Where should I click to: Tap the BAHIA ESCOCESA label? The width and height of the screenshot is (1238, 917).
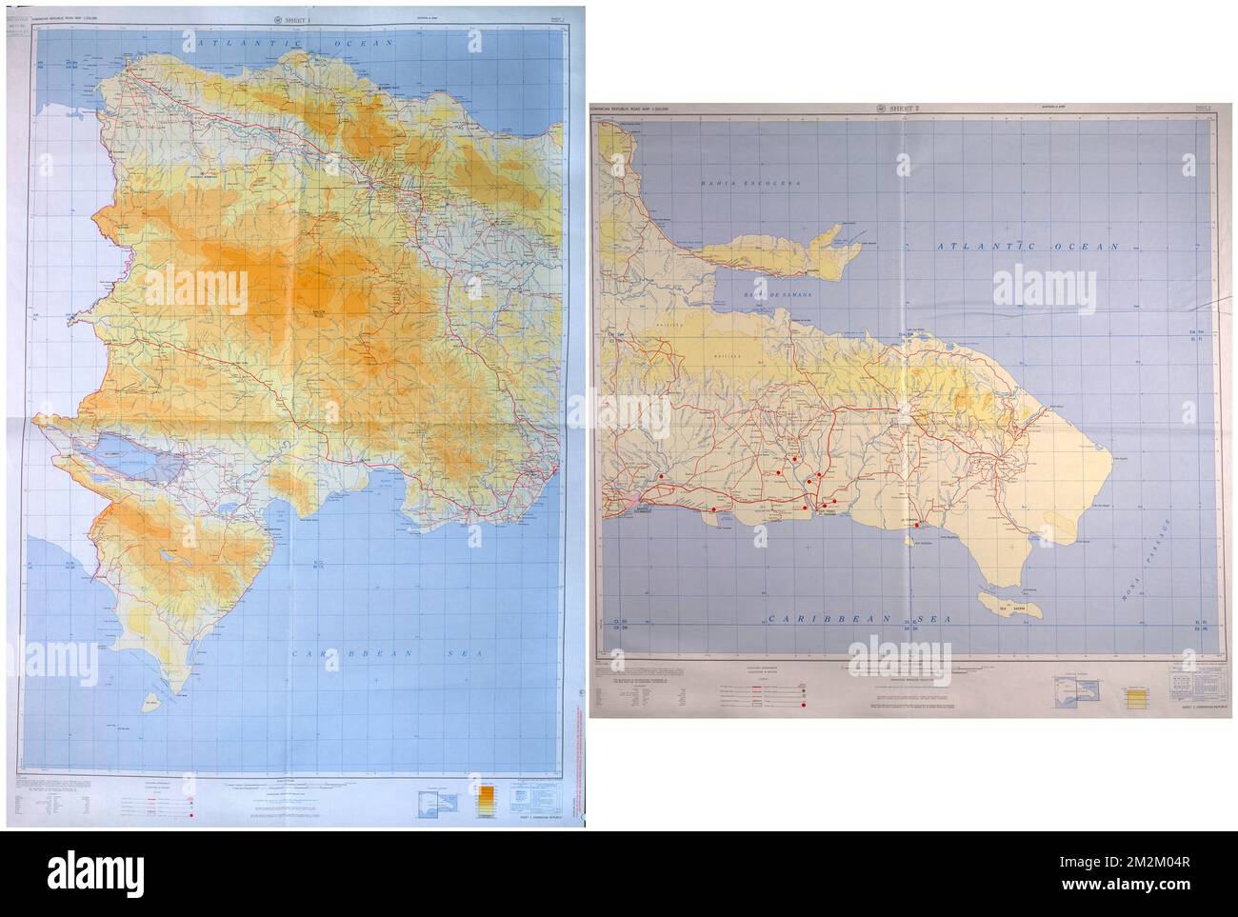click(x=747, y=182)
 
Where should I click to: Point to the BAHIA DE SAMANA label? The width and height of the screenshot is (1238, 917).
click(x=772, y=295)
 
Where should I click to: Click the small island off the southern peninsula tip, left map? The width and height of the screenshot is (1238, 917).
click(x=149, y=705)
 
